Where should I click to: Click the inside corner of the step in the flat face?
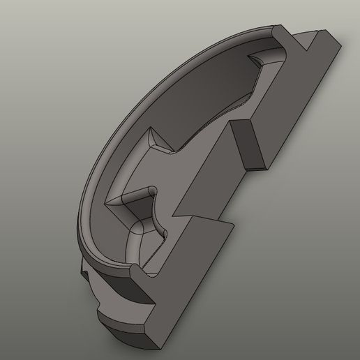(189, 217)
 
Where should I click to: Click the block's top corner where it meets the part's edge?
(240, 120)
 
